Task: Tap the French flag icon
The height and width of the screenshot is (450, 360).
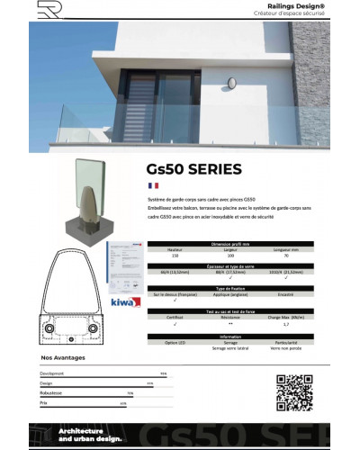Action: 152,184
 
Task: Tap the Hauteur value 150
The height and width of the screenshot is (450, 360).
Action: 175,256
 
